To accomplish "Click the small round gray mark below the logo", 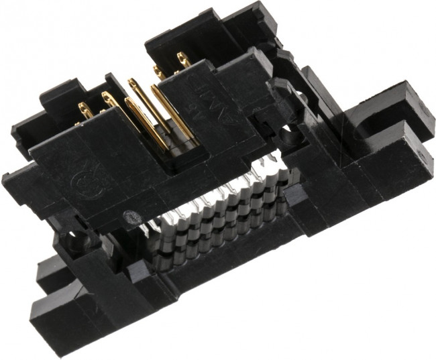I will (127, 216).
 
